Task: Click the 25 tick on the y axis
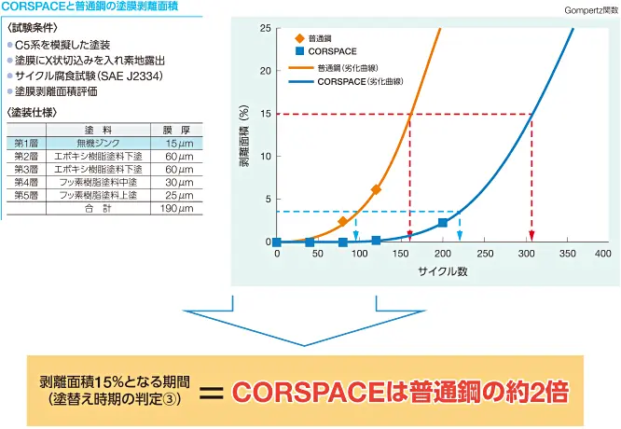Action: [x=265, y=28]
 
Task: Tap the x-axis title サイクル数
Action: [x=442, y=270]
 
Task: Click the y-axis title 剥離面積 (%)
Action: [x=244, y=135]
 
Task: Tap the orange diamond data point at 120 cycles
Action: [x=376, y=189]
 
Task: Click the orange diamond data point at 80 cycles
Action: [x=342, y=221]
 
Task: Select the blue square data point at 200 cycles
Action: [x=442, y=223]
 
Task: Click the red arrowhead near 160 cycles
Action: [x=409, y=236]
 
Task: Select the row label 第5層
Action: [x=26, y=195]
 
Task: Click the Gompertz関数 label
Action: [x=590, y=10]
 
